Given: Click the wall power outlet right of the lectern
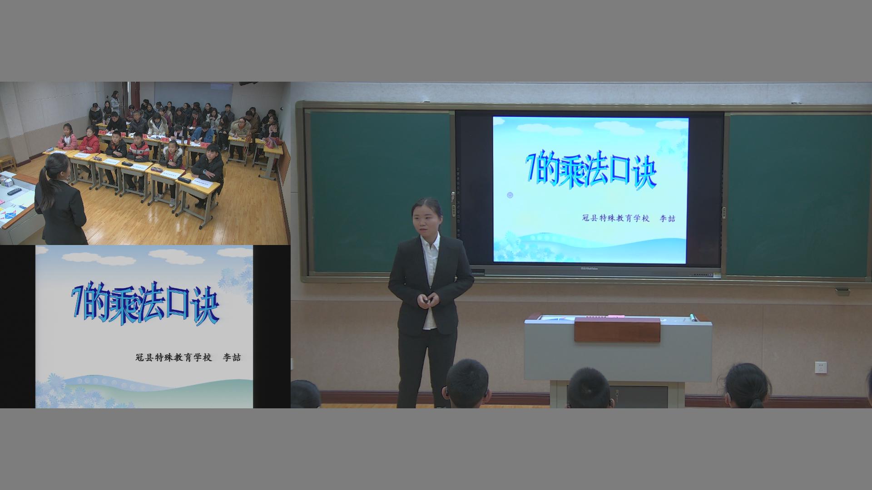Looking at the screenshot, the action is [820, 367].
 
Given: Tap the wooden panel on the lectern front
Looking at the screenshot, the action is [617, 330].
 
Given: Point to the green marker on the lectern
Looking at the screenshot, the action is [693, 317].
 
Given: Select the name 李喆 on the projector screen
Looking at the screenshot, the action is [667, 218].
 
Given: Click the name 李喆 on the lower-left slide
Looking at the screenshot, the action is [231, 357].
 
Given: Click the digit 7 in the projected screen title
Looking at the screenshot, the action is [531, 167].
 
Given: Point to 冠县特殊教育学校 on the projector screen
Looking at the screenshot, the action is [616, 218].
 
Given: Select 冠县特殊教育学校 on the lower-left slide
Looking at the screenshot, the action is [174, 357].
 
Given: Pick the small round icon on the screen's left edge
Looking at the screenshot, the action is [510, 195].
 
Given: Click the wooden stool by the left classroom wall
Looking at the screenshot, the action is [8, 162].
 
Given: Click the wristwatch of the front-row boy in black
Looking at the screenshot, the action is [205, 171].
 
